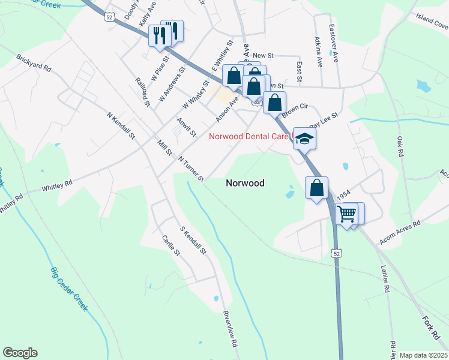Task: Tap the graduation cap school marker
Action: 304,139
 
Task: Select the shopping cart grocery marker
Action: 347,214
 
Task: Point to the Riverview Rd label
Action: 231,329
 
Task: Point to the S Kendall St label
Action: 193,239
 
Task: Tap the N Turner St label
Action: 191,169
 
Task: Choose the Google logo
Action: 20,353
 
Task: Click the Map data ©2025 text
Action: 423,355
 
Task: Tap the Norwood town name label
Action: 245,183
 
